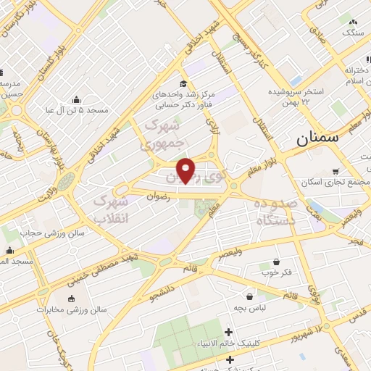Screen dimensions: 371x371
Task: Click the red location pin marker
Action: tap(186, 170)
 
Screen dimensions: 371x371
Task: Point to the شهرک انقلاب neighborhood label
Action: tap(112, 208)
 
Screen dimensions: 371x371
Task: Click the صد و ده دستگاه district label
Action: tap(275, 214)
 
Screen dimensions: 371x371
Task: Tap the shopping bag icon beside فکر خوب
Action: tap(277, 262)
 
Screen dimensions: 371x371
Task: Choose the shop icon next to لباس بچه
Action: tap(250, 296)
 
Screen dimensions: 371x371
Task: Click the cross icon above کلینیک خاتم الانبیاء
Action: tap(229, 332)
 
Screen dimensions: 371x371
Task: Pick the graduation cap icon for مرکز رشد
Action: tap(183, 83)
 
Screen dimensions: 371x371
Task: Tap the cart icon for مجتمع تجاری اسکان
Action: tap(335, 171)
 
